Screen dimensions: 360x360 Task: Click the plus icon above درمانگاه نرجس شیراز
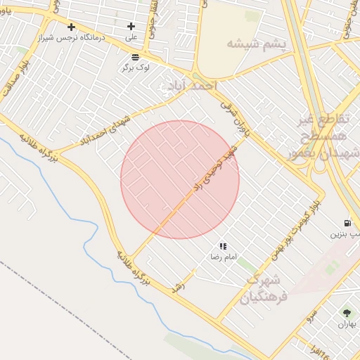[x=71, y=27]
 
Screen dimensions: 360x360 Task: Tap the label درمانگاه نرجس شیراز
[x=72, y=37]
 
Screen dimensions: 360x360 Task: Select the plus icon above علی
[x=131, y=27]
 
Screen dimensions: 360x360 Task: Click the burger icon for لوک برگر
[x=135, y=56]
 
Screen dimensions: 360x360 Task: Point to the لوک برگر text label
[x=135, y=67]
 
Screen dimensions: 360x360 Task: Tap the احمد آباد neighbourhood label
[x=188, y=86]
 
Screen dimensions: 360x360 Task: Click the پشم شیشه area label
[x=256, y=44]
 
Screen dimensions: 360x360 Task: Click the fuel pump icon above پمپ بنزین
[x=347, y=223]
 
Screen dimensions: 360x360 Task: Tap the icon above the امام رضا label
[x=223, y=247]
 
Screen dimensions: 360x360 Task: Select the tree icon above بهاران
[x=347, y=312]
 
